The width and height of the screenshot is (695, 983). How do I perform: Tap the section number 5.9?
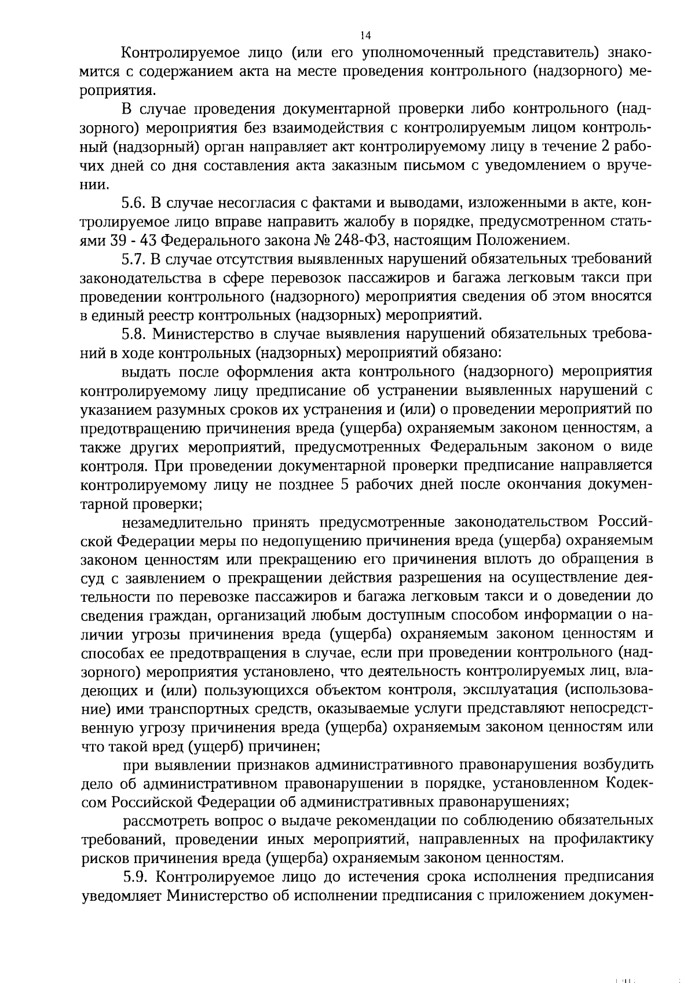(136, 876)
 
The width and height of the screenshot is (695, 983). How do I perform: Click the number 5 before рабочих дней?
(344, 485)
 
